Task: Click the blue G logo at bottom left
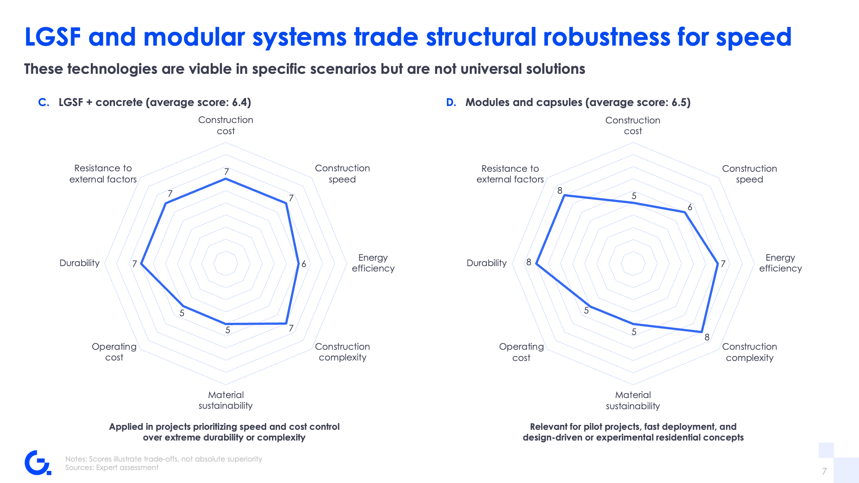tap(38, 463)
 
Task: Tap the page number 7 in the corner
tap(824, 471)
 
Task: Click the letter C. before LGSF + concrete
tap(44, 102)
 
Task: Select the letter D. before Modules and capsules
tap(451, 102)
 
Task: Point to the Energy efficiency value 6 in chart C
tap(304, 264)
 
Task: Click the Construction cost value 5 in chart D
tap(634, 196)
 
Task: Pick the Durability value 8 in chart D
tap(529, 262)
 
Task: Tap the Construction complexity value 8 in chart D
tap(707, 337)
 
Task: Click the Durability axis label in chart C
tap(80, 263)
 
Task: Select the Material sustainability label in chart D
tap(633, 400)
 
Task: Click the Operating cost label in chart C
tap(114, 352)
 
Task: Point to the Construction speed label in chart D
tap(749, 174)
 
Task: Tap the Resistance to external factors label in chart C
tap(103, 174)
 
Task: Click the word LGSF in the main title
tap(53, 37)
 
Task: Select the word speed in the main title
tap(754, 38)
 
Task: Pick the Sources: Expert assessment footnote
tap(112, 467)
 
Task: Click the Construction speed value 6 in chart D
tap(690, 207)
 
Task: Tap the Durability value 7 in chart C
tap(134, 264)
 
